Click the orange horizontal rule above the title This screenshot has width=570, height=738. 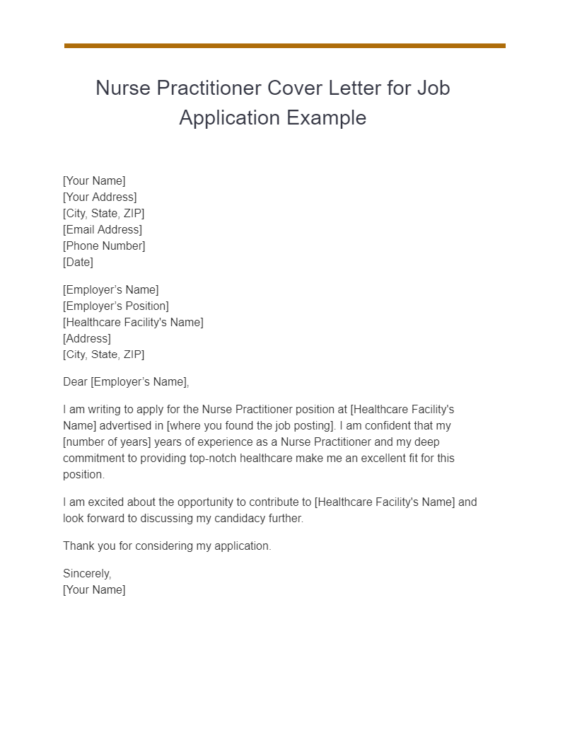click(284, 46)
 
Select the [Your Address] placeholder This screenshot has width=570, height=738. click(100, 197)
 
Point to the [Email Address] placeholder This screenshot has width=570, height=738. click(103, 229)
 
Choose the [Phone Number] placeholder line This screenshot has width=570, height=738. click(104, 246)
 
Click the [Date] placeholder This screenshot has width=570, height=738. click(78, 262)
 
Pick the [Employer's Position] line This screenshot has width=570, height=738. click(116, 306)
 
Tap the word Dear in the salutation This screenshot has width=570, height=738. click(75, 382)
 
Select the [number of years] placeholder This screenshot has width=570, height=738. click(104, 442)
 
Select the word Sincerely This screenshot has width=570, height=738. click(87, 574)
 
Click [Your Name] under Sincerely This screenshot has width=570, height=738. click(94, 590)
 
